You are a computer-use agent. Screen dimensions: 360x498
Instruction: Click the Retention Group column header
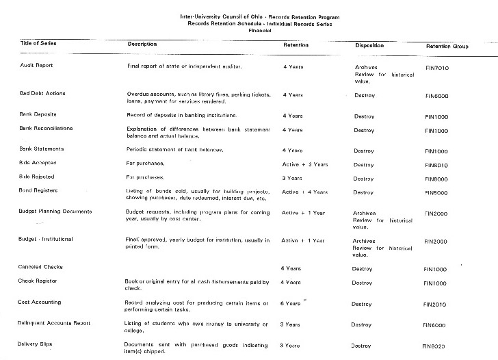pyautogui.click(x=447, y=47)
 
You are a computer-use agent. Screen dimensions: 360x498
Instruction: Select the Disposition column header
pyautogui.click(x=372, y=45)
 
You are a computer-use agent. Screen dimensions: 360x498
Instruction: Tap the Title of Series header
pyautogui.click(x=38, y=44)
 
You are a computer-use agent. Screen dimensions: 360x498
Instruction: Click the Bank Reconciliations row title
pyautogui.click(x=47, y=128)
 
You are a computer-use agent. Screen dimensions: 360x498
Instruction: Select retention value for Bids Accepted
pyautogui.click(x=304, y=164)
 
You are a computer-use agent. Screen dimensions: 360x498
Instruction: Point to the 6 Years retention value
pyautogui.click(x=291, y=303)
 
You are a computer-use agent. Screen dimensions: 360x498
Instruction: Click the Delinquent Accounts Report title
pyautogui.click(x=55, y=322)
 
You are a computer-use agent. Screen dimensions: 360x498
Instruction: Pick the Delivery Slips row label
pyautogui.click(x=36, y=344)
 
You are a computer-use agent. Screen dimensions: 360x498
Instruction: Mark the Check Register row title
pyautogui.click(x=38, y=281)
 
